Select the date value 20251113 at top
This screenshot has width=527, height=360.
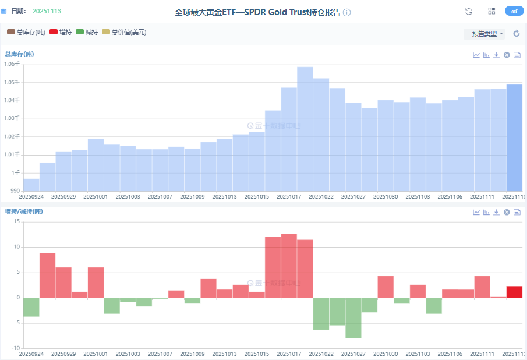coord(47,11)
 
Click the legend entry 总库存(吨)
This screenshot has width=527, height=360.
coord(27,33)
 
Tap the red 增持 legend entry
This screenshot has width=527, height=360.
coord(61,33)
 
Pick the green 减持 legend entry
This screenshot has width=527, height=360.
coord(87,33)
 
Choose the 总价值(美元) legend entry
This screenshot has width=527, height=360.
coord(124,33)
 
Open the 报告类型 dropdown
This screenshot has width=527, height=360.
coord(484,34)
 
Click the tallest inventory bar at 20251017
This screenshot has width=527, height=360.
coord(305,128)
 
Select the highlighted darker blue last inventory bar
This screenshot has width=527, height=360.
coord(514,137)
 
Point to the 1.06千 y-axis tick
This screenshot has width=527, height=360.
coord(12,64)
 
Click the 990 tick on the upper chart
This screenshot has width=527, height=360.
coord(14,191)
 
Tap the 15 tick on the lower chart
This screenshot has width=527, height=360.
coord(16,222)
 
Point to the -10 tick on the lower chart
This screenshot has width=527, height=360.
coord(15,348)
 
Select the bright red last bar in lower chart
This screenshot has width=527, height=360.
coord(514,292)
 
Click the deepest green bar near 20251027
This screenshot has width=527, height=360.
coord(353,317)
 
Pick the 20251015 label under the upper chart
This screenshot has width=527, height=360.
coord(257,197)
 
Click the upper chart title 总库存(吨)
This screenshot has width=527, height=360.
coord(19,54)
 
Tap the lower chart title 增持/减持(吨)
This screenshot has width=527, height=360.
coord(24,211)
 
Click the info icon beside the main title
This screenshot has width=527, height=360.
coord(347,12)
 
